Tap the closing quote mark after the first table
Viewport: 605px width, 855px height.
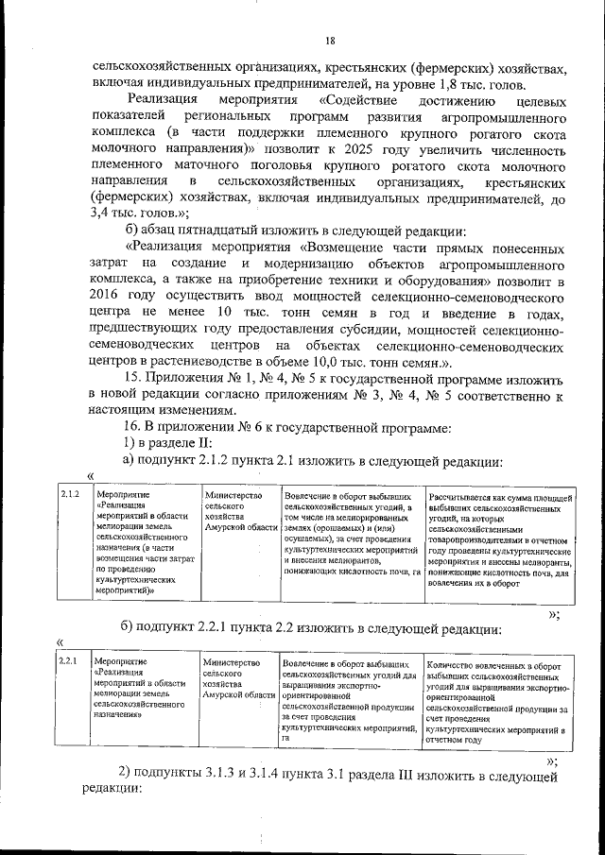pyautogui.click(x=553, y=614)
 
